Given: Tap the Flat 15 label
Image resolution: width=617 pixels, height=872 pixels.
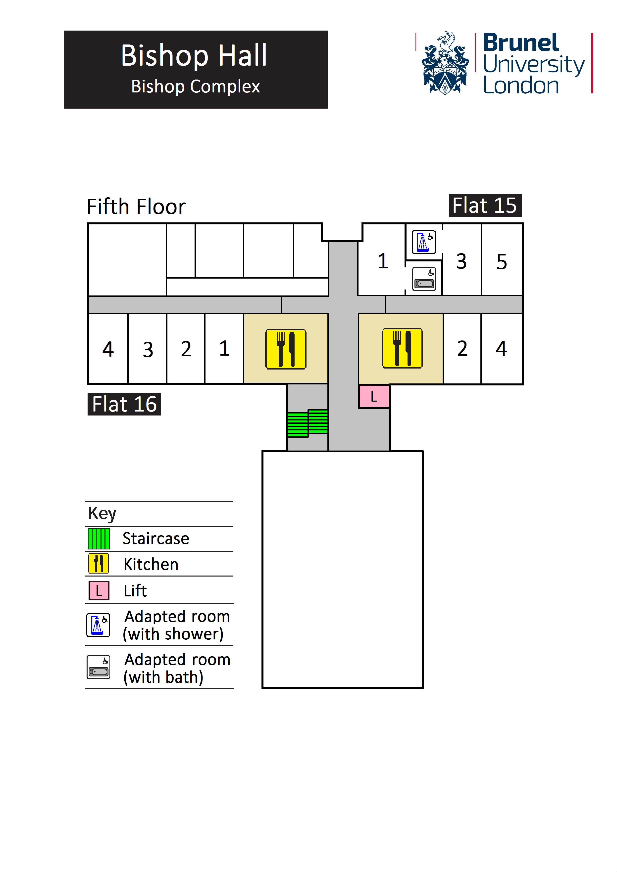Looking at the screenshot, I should tap(485, 206).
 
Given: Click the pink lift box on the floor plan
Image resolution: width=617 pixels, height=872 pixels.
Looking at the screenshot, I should tap(374, 397).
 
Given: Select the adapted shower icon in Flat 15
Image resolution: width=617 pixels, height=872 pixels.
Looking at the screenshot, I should tap(424, 242).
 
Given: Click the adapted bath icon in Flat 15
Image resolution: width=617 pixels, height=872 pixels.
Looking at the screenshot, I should tap(424, 279).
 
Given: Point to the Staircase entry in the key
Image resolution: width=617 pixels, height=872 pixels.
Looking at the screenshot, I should tap(155, 538).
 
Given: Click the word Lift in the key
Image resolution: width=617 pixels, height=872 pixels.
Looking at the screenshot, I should tap(135, 591).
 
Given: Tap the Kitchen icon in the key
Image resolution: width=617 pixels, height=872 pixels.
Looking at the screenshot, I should tap(99, 564).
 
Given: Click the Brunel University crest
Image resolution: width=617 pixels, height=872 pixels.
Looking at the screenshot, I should tap(445, 63).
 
